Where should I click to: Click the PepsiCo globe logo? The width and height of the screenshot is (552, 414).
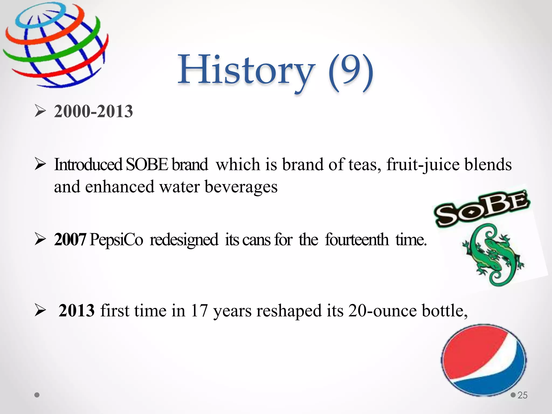(55, 44)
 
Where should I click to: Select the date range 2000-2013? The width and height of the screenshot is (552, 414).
(93, 111)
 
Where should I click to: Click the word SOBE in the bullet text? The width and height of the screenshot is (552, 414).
(147, 164)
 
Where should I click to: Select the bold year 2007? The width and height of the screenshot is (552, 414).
(70, 239)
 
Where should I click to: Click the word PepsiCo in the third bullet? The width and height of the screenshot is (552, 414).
(116, 239)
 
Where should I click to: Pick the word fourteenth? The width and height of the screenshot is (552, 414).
(357, 239)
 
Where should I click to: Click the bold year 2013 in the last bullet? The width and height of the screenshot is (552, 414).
(77, 310)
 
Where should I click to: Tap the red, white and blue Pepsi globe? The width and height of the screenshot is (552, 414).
(484, 360)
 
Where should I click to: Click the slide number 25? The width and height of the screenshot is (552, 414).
(522, 395)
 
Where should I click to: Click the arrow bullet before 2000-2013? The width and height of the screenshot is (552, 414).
(40, 111)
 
